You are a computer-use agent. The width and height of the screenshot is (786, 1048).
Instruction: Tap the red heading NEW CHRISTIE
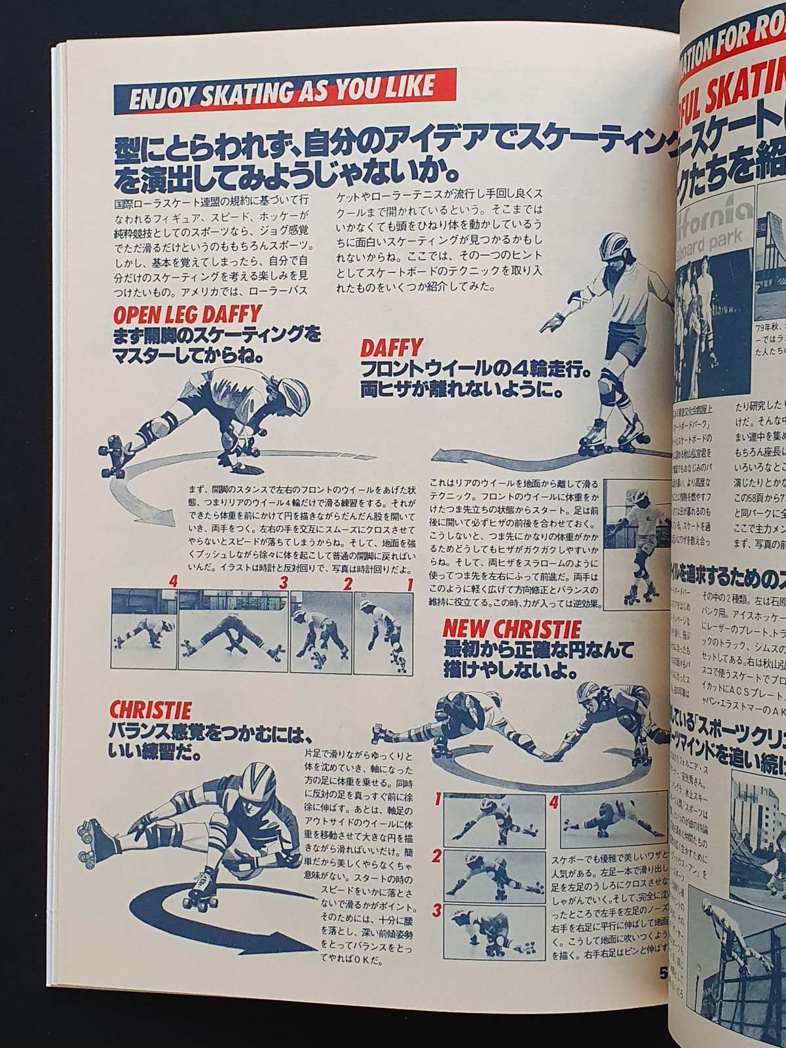tap(512, 630)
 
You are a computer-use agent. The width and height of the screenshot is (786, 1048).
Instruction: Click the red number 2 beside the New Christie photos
tap(435, 856)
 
